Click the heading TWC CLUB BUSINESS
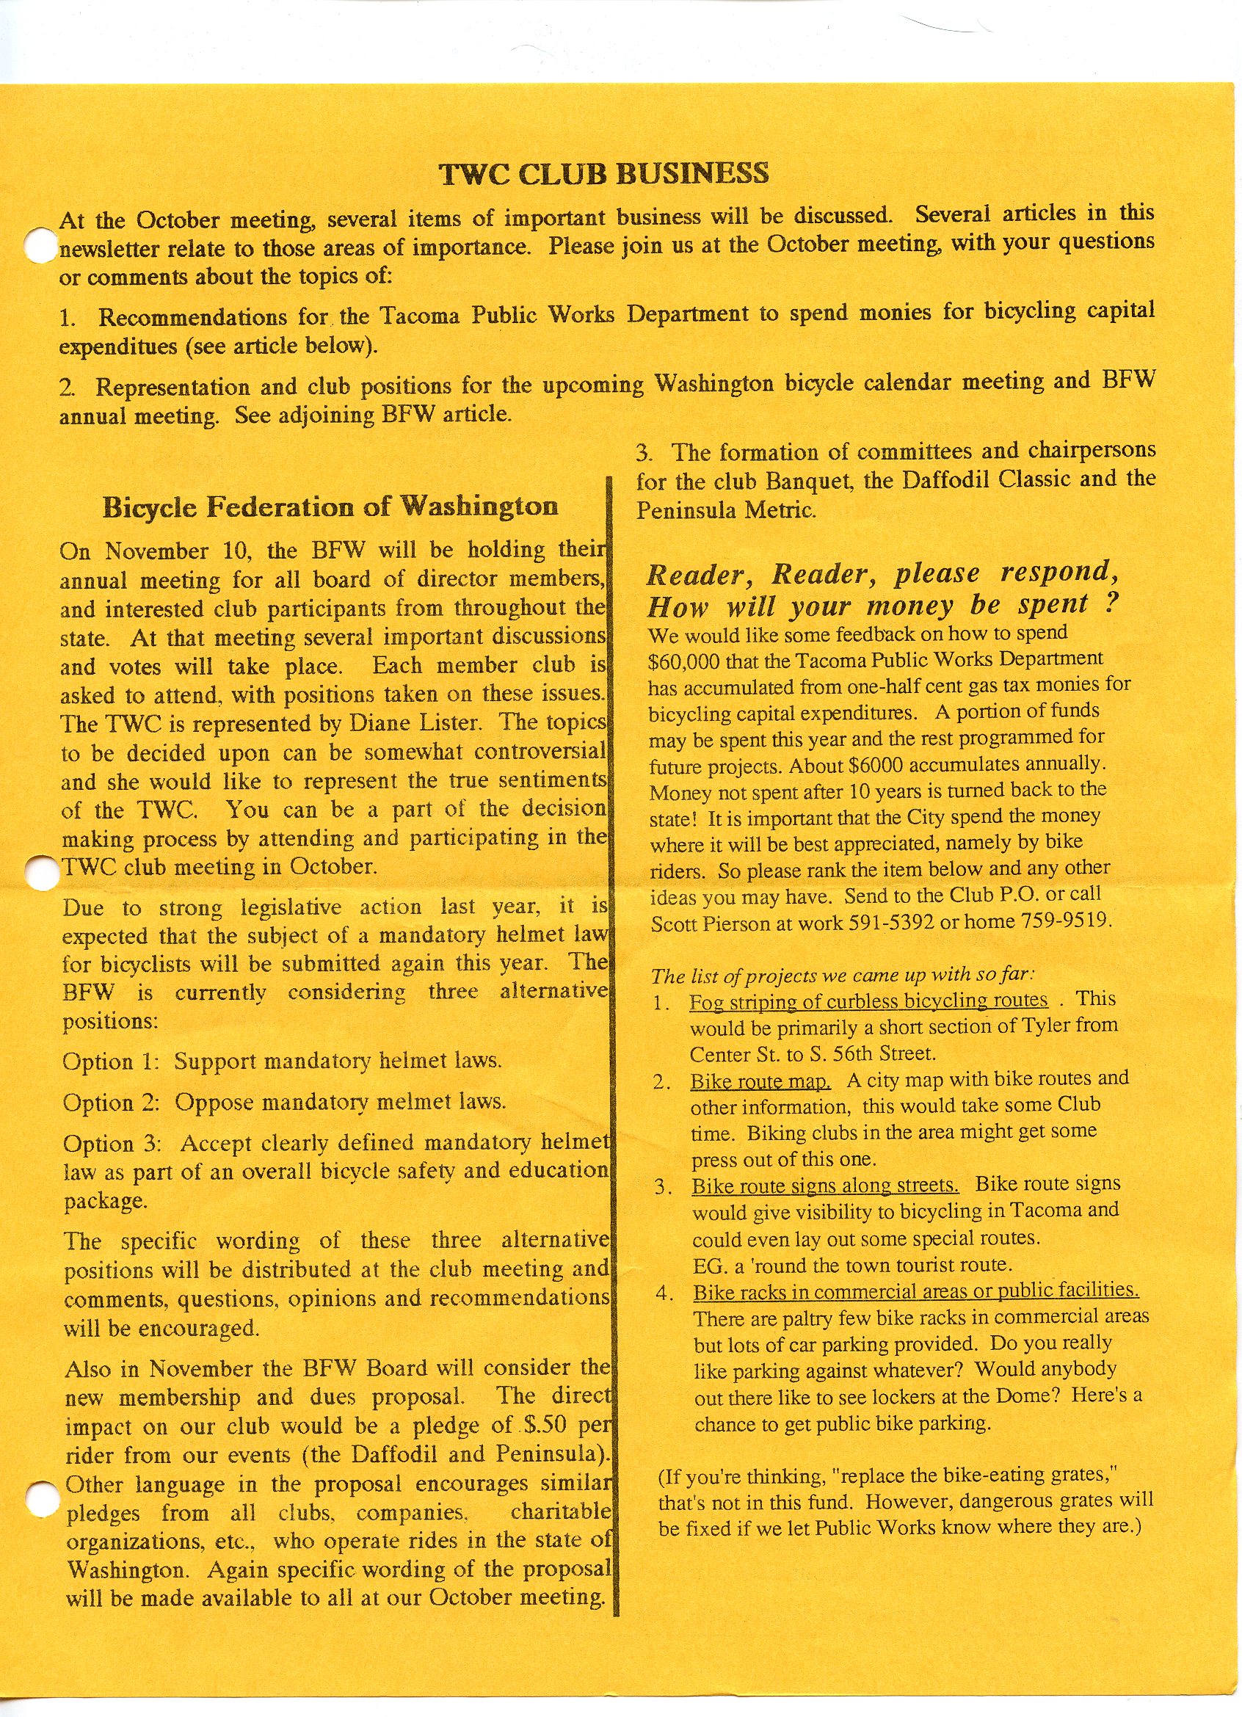(x=604, y=174)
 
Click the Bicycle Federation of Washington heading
(x=330, y=507)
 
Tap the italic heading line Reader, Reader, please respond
(x=882, y=574)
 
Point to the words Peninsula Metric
(x=725, y=510)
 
